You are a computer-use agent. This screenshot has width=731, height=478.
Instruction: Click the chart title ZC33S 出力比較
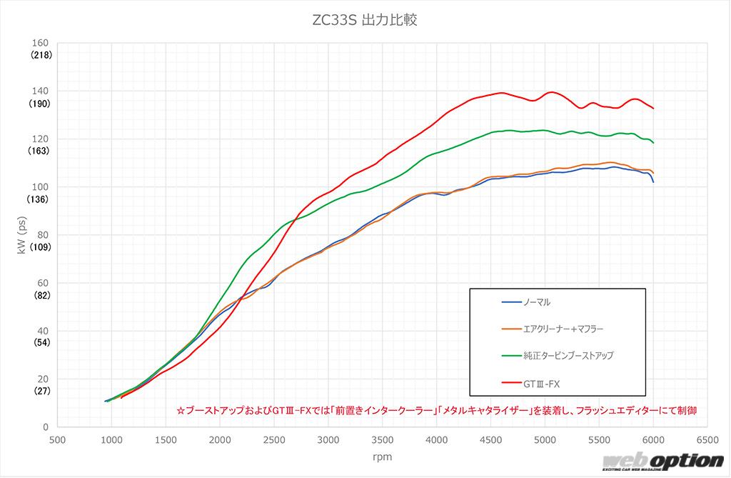click(365, 20)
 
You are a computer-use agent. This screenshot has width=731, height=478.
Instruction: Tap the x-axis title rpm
click(382, 456)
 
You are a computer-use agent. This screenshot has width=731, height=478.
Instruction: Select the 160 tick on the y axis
click(40, 43)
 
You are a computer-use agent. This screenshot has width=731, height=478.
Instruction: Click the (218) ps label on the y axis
click(40, 55)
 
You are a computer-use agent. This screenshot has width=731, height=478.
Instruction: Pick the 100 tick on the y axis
click(40, 186)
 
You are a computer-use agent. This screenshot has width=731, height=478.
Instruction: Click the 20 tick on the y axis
click(43, 379)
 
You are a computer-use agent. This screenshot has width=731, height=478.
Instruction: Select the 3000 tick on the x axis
click(328, 440)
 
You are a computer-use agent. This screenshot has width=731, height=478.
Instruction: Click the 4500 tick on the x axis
click(490, 440)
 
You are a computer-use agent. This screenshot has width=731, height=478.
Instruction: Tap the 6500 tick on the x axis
click(707, 440)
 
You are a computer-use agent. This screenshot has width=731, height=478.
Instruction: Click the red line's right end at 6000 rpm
click(653, 109)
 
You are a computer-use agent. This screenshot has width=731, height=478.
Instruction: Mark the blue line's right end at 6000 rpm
click(653, 182)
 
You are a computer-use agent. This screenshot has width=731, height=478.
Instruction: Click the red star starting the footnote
click(180, 411)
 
